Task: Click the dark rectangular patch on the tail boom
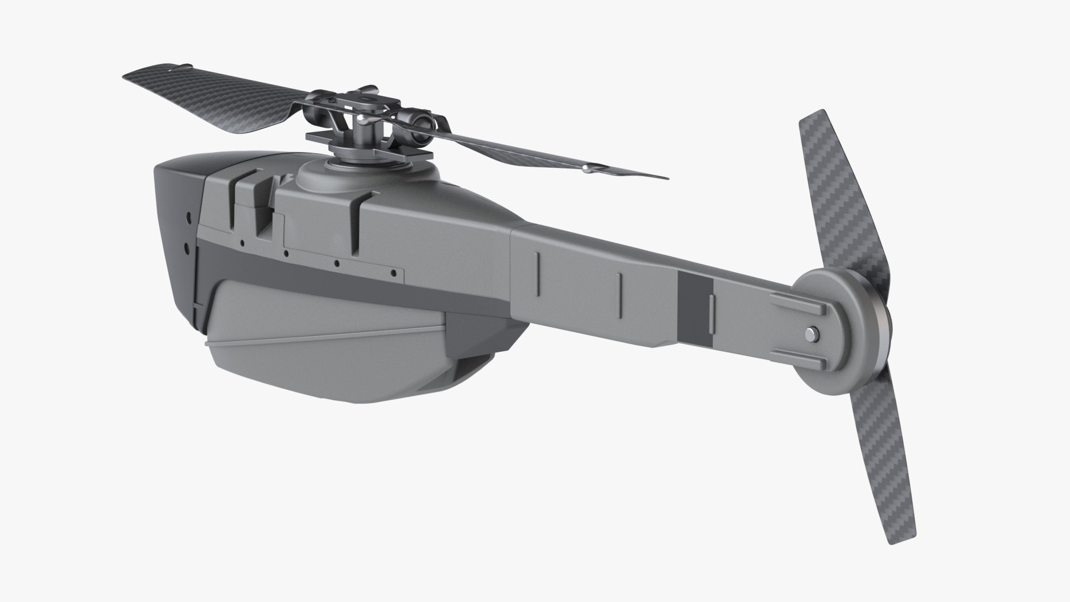(x=695, y=307)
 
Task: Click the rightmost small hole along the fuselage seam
(x=394, y=273)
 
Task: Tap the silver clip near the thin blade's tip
(x=592, y=169)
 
